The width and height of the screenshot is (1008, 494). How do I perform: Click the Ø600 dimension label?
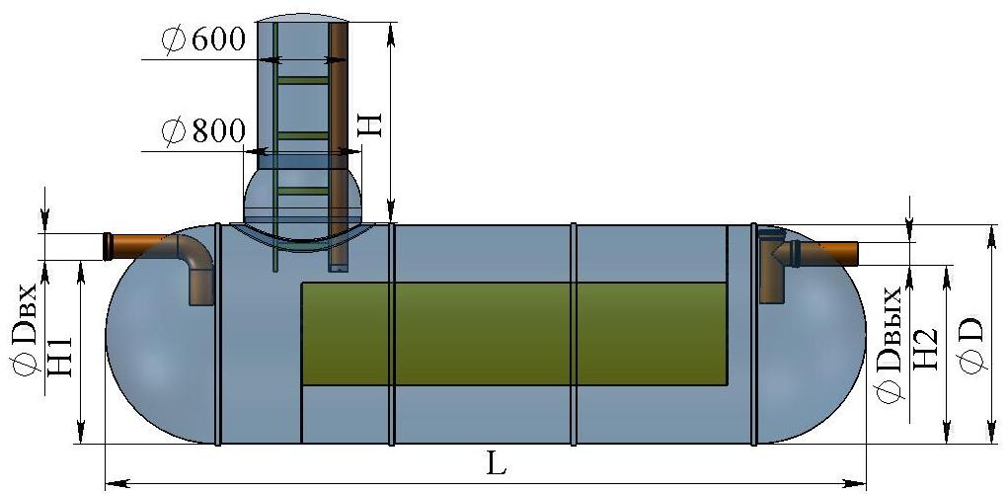pyautogui.click(x=203, y=41)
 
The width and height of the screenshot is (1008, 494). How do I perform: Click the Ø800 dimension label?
pyautogui.click(x=203, y=131)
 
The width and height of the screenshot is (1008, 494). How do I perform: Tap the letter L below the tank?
pyautogui.click(x=496, y=463)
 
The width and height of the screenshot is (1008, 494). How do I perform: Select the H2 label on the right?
pyautogui.click(x=927, y=348)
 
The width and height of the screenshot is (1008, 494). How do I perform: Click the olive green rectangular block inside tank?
pyautogui.click(x=514, y=334)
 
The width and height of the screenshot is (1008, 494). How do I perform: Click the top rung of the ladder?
pyautogui.click(x=302, y=80)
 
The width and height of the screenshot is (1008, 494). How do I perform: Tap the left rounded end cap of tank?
pyautogui.click(x=161, y=334)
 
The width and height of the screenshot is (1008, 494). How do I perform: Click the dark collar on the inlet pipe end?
pyautogui.click(x=108, y=247)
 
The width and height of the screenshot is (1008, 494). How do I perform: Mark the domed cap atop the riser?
pyautogui.click(x=302, y=18)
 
